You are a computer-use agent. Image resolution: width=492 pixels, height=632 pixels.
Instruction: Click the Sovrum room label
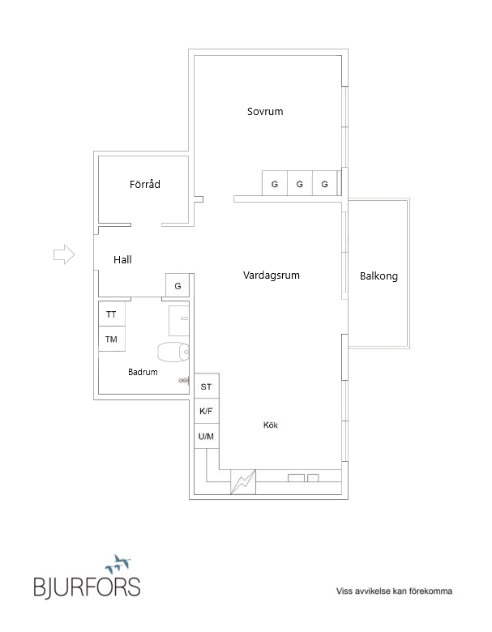coord(265,111)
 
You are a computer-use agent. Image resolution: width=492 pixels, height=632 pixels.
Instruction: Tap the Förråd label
coord(145,184)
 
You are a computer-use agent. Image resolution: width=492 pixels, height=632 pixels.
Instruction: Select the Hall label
coord(122,259)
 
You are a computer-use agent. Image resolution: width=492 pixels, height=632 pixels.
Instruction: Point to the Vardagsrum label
coord(271,275)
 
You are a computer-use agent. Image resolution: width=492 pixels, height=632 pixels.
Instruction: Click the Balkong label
coord(379,276)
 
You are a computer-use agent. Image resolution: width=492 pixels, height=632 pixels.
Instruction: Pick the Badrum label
coord(143,372)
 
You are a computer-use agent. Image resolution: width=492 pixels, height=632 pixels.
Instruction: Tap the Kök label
coord(271,425)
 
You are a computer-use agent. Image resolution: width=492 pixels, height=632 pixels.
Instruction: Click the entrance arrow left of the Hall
coord(64,254)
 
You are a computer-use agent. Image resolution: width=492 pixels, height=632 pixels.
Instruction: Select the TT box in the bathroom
coord(112,314)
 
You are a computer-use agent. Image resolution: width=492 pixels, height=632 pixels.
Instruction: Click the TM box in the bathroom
coord(112,339)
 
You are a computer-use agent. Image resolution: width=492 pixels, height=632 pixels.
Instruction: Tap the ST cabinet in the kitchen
coord(207,386)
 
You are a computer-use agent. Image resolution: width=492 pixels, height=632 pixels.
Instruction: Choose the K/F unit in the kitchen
coord(207,411)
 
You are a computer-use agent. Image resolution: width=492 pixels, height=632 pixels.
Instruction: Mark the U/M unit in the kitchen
coord(207,436)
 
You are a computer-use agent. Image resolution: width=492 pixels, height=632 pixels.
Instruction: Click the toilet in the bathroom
coord(173,352)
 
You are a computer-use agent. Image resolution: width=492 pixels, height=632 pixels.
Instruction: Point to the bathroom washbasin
coord(178,320)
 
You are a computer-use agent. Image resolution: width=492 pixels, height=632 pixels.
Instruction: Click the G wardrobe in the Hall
coord(178,285)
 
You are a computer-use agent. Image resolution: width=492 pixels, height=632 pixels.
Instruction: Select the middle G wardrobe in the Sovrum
coord(300,183)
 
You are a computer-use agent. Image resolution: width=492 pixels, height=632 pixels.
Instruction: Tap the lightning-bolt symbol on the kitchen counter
coord(243,481)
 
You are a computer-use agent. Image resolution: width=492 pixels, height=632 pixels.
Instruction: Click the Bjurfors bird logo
coord(118,564)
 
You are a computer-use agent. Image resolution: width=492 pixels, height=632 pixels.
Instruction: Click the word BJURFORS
coord(87,587)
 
